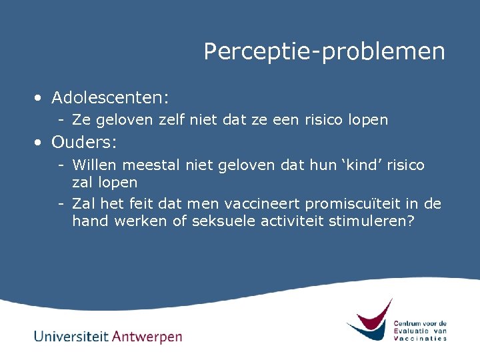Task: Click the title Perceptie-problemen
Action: (324, 51)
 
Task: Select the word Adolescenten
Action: (109, 98)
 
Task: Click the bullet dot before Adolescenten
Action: (40, 99)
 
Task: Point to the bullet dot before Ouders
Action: (40, 143)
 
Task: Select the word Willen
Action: (91, 165)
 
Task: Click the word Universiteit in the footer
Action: (71, 336)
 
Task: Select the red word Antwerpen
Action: (147, 337)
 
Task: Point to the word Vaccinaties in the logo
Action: (420, 338)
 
